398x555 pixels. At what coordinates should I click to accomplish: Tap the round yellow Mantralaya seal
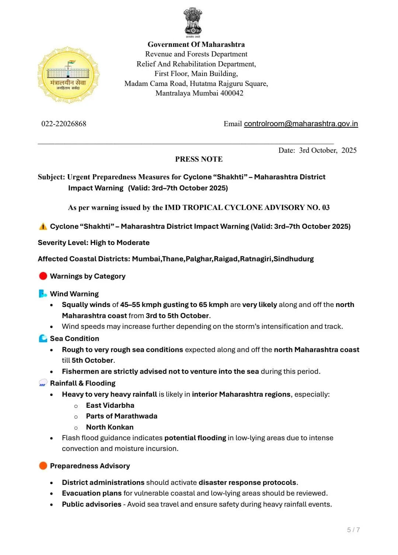click(69, 75)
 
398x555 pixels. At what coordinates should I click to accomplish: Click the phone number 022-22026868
click(64, 124)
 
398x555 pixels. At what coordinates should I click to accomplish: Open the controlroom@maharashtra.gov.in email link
click(301, 124)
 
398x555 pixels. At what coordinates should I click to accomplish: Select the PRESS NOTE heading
click(199, 159)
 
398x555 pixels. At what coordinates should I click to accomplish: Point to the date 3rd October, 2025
click(328, 150)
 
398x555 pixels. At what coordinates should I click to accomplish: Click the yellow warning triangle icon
click(43, 227)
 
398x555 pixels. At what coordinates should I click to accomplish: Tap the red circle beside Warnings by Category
click(43, 276)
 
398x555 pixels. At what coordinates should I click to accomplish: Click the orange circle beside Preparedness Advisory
click(43, 466)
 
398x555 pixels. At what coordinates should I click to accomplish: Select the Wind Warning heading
click(74, 294)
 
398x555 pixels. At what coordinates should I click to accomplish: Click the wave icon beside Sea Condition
click(43, 339)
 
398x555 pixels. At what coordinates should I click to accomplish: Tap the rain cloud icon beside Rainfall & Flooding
click(43, 383)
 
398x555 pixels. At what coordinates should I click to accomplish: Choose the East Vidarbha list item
click(110, 406)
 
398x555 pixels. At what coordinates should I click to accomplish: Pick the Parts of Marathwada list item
click(122, 416)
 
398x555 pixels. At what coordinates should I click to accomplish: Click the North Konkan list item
click(110, 427)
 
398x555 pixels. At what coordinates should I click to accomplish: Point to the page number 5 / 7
click(353, 530)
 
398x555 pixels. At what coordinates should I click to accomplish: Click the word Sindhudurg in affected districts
click(293, 259)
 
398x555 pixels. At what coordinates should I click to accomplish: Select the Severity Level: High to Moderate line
click(94, 243)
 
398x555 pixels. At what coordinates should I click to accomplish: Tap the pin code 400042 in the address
click(231, 93)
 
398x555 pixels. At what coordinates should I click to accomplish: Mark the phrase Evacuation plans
click(92, 493)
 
